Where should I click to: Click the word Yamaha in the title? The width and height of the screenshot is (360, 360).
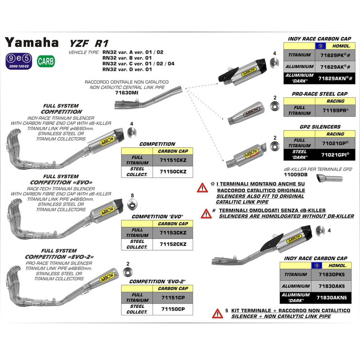coord(32,42)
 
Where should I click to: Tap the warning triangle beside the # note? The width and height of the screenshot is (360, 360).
coord(206,213)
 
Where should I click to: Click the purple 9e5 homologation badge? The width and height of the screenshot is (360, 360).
coord(19,59)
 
